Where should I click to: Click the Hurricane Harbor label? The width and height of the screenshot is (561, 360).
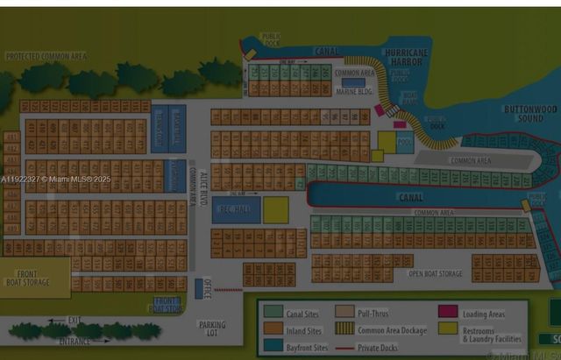click(x=406, y=58)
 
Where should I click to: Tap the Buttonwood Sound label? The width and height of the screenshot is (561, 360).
click(x=530, y=113)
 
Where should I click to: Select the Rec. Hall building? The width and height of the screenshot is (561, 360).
click(x=236, y=210)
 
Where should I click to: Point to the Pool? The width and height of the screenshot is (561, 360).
click(x=404, y=142)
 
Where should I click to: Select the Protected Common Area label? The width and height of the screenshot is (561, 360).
click(x=46, y=56)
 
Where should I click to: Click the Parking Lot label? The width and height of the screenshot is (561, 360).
click(x=211, y=329)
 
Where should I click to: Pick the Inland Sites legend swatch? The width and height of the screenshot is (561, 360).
click(x=273, y=330)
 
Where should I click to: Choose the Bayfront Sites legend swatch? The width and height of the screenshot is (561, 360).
click(x=273, y=347)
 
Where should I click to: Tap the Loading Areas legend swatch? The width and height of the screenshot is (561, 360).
click(x=448, y=312)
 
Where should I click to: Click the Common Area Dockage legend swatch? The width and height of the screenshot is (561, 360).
click(x=345, y=329)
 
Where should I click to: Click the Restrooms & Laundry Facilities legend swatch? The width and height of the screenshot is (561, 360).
click(x=448, y=328)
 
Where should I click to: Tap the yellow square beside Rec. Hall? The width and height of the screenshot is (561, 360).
click(x=276, y=209)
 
